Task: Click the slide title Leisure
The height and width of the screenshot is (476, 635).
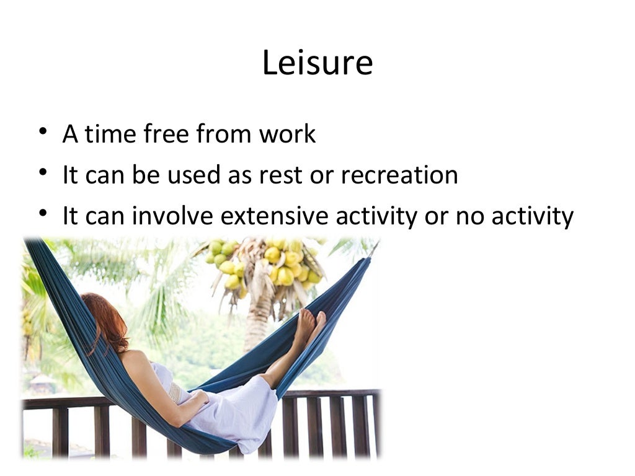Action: point(317,63)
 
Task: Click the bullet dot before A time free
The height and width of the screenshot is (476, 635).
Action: point(42,131)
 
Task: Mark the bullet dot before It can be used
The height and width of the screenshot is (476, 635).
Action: point(42,172)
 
